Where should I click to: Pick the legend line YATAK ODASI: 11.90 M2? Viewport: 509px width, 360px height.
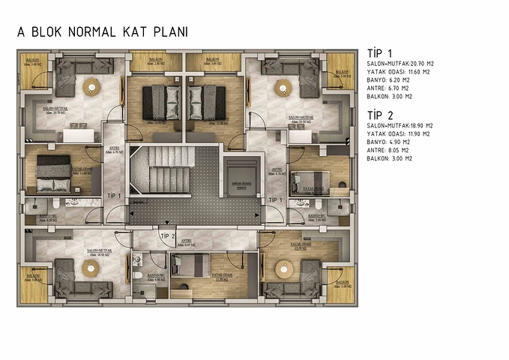pos(400,133)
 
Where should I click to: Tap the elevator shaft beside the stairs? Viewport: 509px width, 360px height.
pos(241,177)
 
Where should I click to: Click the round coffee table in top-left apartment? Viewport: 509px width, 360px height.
pos(91,87)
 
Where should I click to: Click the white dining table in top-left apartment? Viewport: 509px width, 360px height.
pos(77,135)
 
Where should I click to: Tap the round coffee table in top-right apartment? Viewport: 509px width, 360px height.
pos(283,86)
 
